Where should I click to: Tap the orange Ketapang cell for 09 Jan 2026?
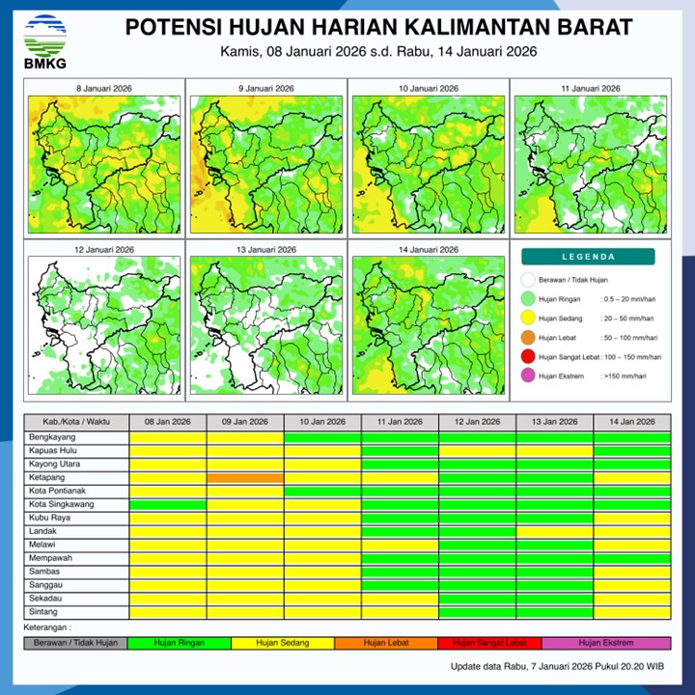[245, 478]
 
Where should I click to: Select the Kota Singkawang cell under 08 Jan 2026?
[168, 505]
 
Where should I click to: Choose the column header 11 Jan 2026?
[400, 422]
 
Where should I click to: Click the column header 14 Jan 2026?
[631, 422]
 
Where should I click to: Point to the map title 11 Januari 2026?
[588, 89]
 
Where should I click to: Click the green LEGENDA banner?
[588, 257]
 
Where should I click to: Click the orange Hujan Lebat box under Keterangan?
[386, 643]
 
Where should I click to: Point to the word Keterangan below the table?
[49, 626]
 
